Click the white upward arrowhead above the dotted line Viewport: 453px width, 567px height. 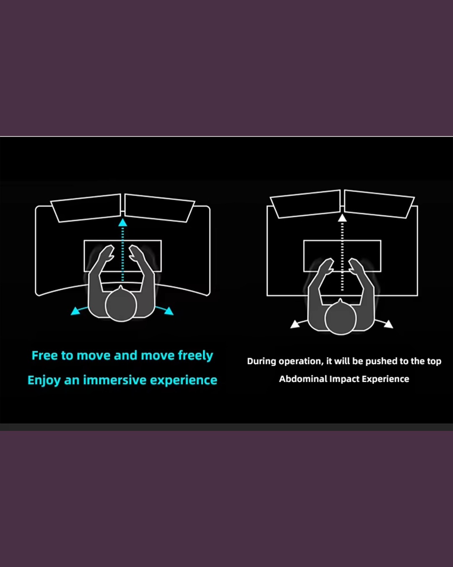point(342,218)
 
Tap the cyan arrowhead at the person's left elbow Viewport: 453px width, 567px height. point(75,311)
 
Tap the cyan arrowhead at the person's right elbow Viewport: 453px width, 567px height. point(169,311)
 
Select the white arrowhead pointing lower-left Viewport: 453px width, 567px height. point(295,324)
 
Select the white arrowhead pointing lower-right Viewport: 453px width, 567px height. point(388,324)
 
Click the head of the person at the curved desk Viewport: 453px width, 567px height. point(121,305)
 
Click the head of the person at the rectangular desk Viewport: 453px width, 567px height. point(340,318)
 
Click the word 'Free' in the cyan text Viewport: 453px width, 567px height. point(44,355)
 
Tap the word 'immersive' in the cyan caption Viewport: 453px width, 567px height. point(115,380)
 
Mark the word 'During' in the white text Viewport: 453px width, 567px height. point(261,361)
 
